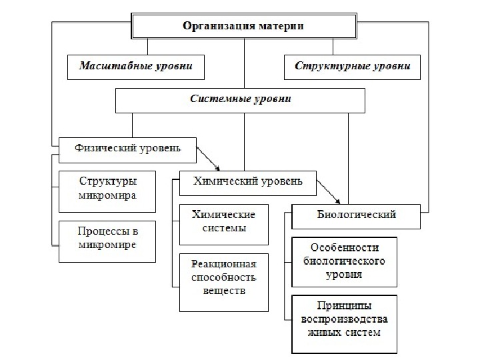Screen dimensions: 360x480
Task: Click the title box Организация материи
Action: (243, 27)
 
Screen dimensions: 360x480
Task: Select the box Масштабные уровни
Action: (135, 67)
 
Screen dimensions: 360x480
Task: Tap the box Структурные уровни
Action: (352, 67)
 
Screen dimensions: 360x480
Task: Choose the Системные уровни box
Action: (241, 100)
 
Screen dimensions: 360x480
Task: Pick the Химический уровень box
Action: (247, 181)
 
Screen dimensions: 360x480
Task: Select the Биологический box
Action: (355, 215)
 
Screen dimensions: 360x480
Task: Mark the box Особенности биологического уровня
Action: (344, 259)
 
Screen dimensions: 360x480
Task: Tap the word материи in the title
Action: (279, 27)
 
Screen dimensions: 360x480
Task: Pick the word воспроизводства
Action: (344, 320)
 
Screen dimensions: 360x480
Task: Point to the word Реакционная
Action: (223, 265)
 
